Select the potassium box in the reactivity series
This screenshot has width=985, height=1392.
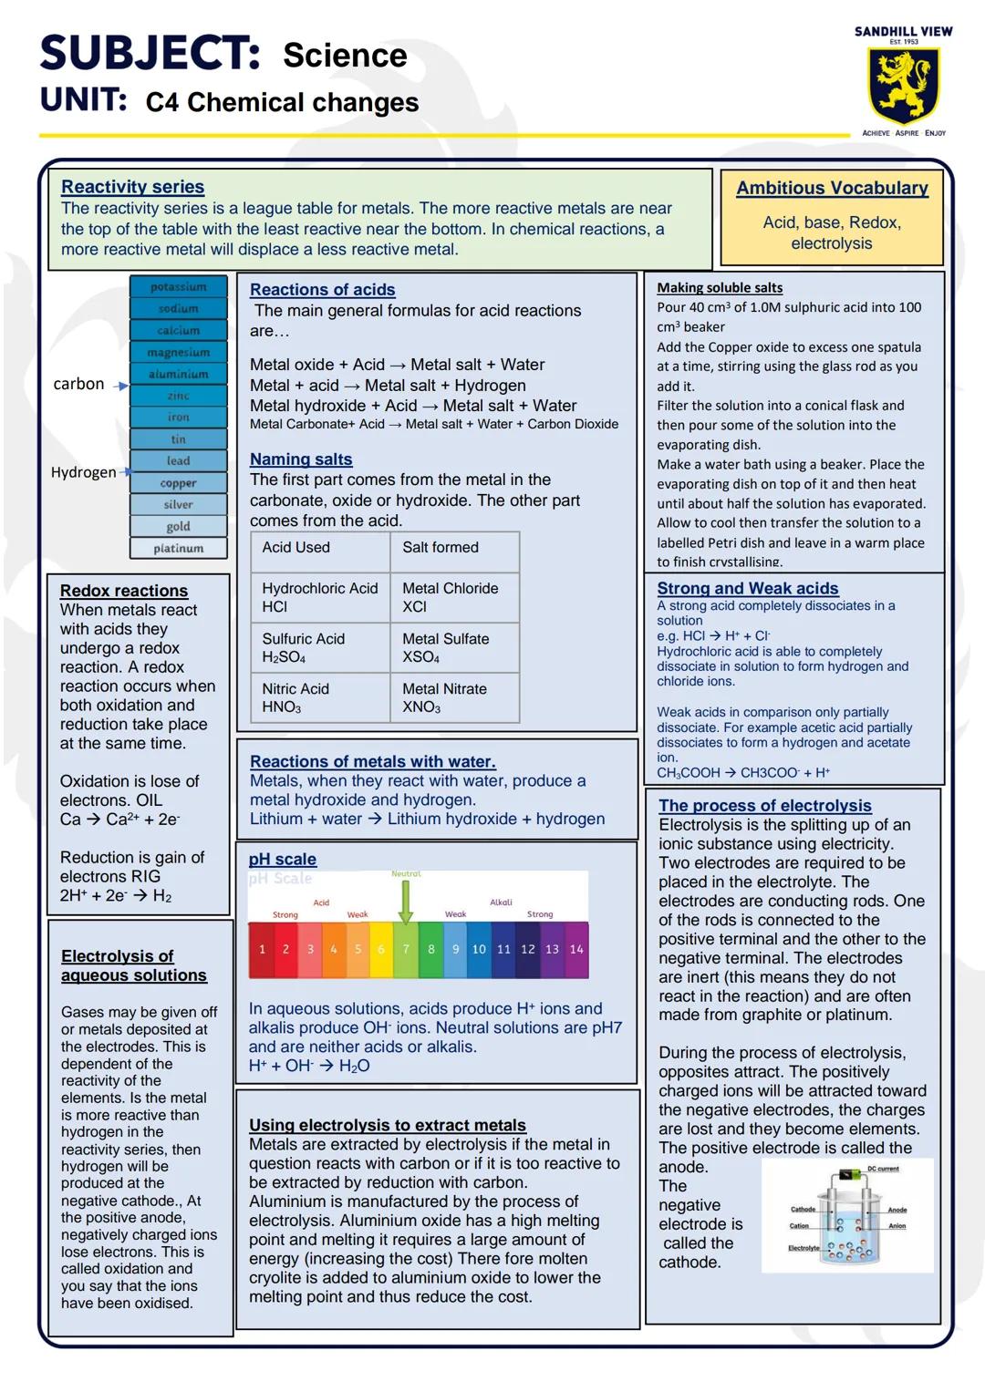coord(178,287)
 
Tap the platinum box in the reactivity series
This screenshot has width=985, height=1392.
coord(178,548)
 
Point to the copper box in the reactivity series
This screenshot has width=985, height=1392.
coord(178,483)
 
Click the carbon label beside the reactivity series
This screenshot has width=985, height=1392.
coord(78,384)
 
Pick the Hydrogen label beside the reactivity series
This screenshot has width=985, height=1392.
coord(83,472)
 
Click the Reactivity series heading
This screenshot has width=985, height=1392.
coord(132,187)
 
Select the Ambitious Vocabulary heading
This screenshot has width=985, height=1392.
coord(832,188)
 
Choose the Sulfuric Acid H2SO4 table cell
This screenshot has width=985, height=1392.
coord(320,648)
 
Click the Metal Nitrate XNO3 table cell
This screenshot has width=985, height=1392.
coord(454,698)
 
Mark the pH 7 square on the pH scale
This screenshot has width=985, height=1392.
coord(406,949)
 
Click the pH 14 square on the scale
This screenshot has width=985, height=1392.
coord(576,949)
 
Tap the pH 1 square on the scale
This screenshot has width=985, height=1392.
coord(262,949)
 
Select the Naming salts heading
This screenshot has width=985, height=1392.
coord(301,459)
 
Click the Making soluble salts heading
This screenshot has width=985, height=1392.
coord(720,287)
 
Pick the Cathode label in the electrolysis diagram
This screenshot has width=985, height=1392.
coord(803,1210)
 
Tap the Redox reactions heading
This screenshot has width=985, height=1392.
coord(124,591)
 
